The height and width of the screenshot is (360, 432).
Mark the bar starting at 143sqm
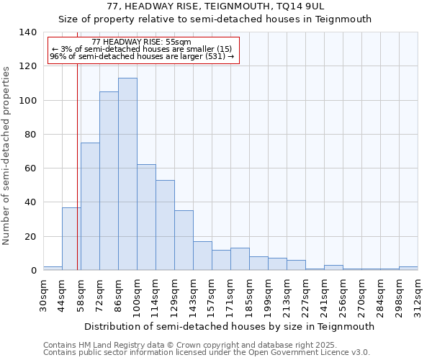[x=202, y=256]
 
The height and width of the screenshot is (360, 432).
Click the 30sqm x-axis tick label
[x=43, y=295]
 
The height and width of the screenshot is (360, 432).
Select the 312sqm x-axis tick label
[x=418, y=295]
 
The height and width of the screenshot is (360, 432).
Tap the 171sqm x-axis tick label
[x=230, y=295]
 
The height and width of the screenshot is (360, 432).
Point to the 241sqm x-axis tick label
[x=324, y=295]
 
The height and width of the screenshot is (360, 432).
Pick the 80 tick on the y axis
[x=30, y=135]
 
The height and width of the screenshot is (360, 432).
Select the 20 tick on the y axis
[x=30, y=237]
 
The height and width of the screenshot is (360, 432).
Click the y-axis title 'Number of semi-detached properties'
[x=6, y=156]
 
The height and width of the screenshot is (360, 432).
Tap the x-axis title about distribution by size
[x=230, y=326]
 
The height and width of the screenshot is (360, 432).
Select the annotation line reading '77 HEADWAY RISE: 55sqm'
[x=142, y=42]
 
